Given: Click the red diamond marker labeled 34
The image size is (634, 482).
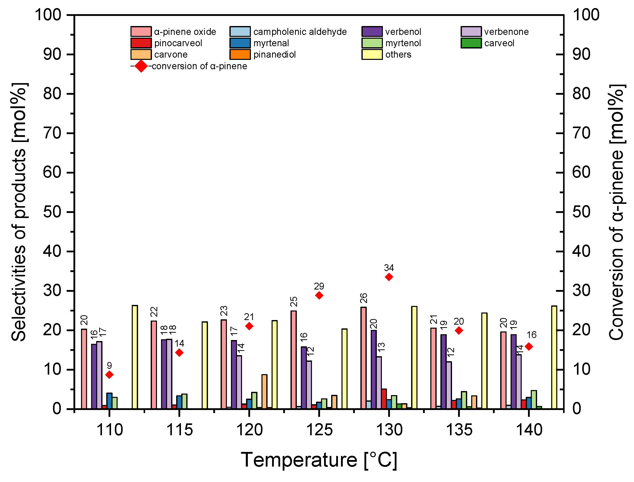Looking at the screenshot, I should point(389,277).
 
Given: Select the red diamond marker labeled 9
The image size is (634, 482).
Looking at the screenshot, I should point(109,375).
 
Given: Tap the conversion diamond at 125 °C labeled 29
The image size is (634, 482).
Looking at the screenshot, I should point(319,296).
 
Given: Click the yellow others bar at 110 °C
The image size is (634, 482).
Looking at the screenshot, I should point(135,357).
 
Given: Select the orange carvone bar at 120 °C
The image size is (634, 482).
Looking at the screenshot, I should point(264,392).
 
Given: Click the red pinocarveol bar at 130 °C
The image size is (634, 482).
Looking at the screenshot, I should point(384,399).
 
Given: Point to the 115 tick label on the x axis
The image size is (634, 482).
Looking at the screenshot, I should point(179,430).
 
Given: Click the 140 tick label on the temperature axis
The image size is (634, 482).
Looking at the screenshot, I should point(529,430).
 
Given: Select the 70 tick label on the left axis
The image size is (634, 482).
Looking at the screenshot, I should point(52,133).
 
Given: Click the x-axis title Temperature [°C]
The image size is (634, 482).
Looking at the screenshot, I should point(319,460).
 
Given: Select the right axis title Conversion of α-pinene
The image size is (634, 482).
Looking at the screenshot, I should point(616,212).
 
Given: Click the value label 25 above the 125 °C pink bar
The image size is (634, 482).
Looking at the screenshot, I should point(294,302).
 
